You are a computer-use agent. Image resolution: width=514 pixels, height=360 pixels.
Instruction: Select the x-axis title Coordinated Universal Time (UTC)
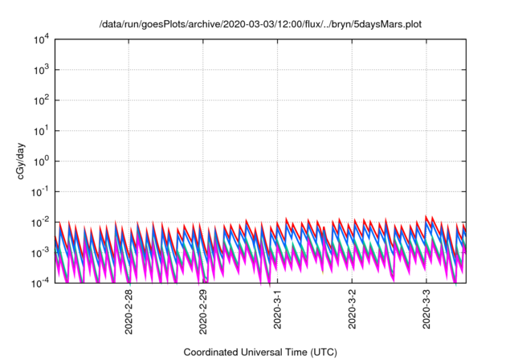click(259, 352)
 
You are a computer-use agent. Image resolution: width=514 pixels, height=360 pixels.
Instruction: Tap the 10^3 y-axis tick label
click(41, 70)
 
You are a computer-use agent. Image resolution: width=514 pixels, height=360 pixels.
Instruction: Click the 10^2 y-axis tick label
click(41, 100)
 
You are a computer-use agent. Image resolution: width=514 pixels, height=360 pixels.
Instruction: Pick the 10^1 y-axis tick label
click(41, 130)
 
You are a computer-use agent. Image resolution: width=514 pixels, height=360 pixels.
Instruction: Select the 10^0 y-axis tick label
click(41, 161)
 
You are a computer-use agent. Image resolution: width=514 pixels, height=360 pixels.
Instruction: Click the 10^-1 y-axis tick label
click(40, 191)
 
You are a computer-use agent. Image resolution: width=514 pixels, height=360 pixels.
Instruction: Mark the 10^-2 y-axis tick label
click(40, 222)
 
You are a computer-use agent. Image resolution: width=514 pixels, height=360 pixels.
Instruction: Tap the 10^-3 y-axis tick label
click(40, 252)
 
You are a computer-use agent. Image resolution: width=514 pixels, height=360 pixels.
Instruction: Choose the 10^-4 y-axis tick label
click(40, 282)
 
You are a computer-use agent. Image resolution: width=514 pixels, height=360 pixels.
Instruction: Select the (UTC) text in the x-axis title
click(320, 352)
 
